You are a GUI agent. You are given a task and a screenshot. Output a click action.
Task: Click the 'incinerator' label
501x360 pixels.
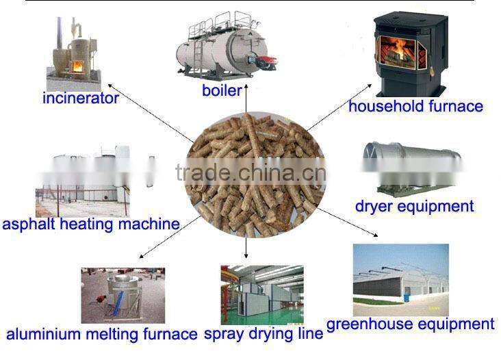pyautogui.click(x=81, y=98)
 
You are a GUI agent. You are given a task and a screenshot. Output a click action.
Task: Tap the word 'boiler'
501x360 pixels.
pyautogui.click(x=222, y=90)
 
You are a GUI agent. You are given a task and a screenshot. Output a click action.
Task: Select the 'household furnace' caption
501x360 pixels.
pyautogui.click(x=415, y=106)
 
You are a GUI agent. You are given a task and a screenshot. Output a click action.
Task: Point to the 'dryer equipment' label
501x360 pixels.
pyautogui.click(x=414, y=207)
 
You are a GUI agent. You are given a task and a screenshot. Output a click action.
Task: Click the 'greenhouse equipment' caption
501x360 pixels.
pyautogui.click(x=411, y=324)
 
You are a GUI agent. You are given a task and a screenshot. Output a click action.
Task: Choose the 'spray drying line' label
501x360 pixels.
pyautogui.click(x=264, y=334)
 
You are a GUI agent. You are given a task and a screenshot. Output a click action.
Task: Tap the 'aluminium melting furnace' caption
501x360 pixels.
pyautogui.click(x=101, y=334)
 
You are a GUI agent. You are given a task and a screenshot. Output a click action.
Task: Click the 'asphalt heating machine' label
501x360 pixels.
pyautogui.click(x=91, y=224)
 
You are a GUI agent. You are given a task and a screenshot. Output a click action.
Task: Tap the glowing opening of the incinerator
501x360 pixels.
pyautogui.click(x=77, y=66)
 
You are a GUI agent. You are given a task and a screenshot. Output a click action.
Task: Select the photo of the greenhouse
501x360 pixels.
pyautogui.click(x=400, y=280)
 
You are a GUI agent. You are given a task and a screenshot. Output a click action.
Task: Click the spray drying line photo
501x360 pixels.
pyautogui.click(x=262, y=295)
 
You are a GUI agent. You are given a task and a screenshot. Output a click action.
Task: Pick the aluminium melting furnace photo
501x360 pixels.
pyautogui.click(x=123, y=296)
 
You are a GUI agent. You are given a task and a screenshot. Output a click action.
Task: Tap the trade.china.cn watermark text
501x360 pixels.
pyautogui.click(x=250, y=172)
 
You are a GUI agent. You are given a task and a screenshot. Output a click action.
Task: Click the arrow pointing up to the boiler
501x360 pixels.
pyautogui.click(x=246, y=99)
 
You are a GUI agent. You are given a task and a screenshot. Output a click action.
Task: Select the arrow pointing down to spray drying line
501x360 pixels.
pyautogui.click(x=246, y=248)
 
